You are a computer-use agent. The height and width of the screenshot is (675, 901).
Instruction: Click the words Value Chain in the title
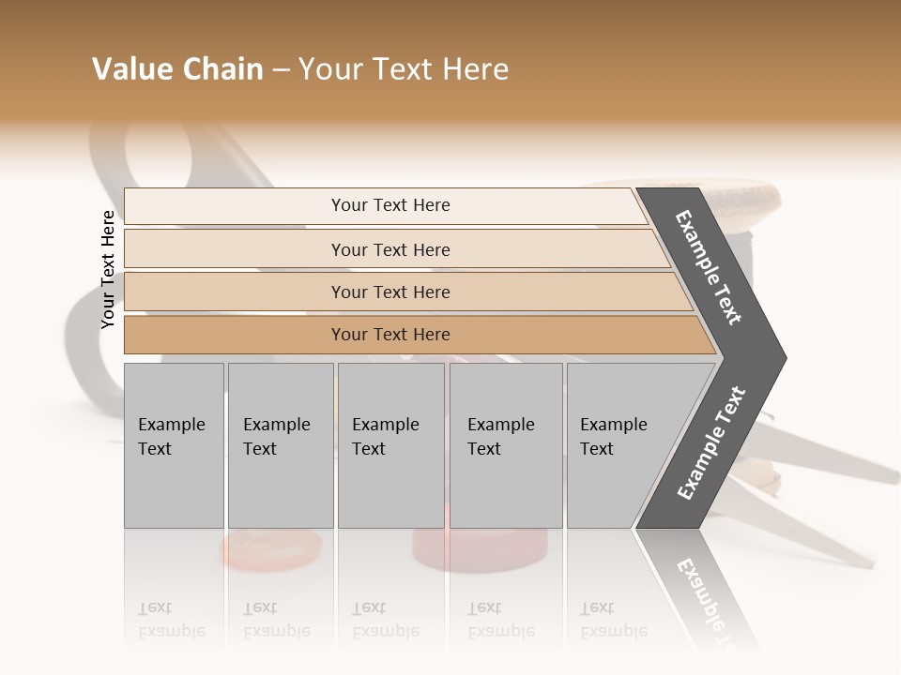coord(177,69)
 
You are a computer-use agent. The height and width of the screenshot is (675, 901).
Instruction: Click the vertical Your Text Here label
coord(108,269)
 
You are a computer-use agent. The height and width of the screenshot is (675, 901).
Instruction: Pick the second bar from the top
coord(390,249)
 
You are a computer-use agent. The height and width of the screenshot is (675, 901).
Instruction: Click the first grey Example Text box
coord(174,445)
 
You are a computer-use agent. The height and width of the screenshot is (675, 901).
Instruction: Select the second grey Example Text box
coord(281,445)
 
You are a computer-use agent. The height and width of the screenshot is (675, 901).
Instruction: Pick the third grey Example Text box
coord(390,445)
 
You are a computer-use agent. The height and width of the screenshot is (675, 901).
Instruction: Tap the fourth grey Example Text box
coord(506,445)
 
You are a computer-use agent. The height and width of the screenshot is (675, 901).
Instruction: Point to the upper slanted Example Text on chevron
coord(709,267)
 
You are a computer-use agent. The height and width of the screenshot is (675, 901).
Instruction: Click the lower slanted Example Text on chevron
coord(710,443)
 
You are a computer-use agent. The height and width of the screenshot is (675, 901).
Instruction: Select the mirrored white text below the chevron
coord(704,600)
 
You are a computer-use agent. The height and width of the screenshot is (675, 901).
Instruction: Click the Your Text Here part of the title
coord(404,69)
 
